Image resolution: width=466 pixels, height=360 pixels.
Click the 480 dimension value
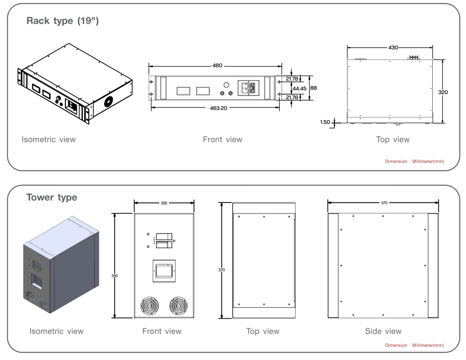(218, 66)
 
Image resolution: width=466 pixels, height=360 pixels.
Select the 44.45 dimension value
(299, 88)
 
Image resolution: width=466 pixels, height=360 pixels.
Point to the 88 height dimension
(314, 87)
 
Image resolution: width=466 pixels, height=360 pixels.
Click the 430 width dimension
(393, 47)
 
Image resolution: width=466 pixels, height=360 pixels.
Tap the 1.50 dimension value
(324, 122)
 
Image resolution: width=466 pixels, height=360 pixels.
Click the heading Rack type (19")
(62, 21)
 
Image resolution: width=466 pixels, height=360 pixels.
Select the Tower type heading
(51, 198)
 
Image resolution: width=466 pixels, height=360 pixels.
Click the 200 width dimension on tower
(164, 203)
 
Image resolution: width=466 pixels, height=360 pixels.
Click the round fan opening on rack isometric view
(109, 101)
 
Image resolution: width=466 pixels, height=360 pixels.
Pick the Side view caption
(383, 331)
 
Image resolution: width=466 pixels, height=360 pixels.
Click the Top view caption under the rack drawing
(393, 139)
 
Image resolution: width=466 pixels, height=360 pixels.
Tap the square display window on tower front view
(163, 272)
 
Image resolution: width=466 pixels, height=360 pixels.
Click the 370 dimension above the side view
(384, 203)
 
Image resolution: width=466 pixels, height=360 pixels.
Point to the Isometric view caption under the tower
(56, 331)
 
